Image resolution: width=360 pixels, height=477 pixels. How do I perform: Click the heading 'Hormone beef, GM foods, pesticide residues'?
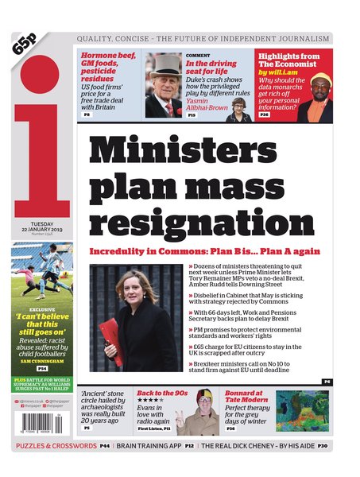click(x=109, y=68)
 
